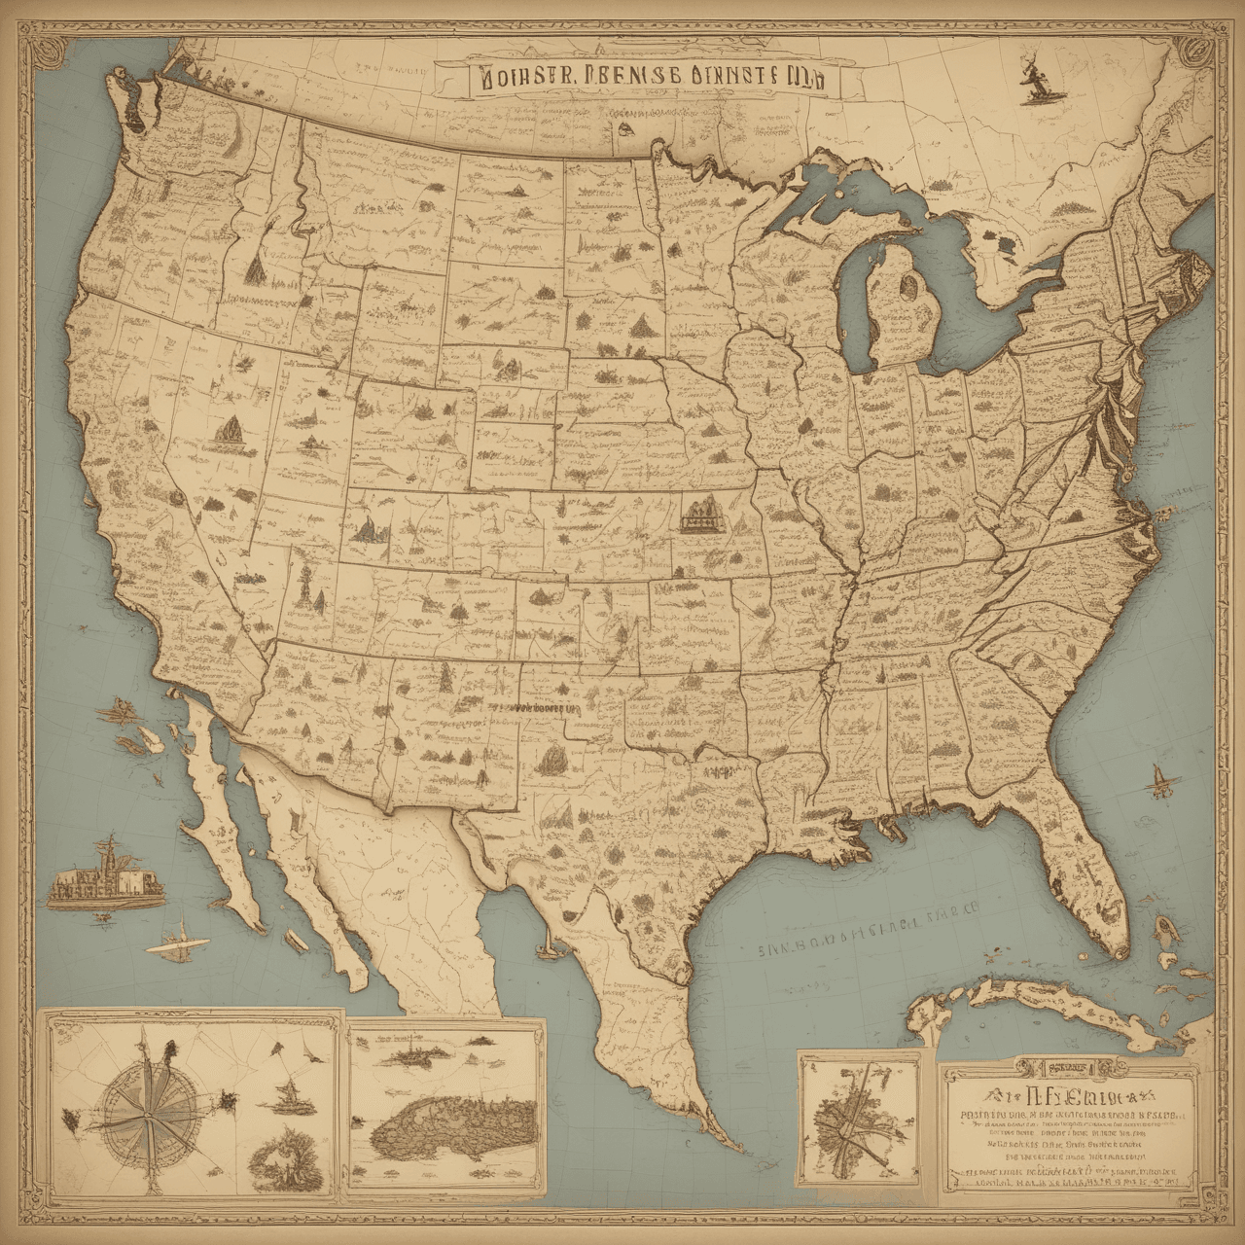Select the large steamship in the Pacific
(x=105, y=875)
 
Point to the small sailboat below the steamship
(x=181, y=941)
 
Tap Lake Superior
(x=856, y=185)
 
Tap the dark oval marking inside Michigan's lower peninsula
(x=911, y=285)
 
